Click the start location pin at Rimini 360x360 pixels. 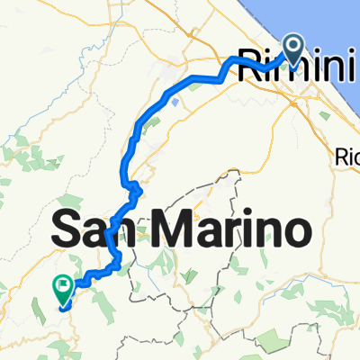[x=294, y=45]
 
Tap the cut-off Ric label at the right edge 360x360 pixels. [x=348, y=154]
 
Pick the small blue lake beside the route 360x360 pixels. [x=172, y=102]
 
